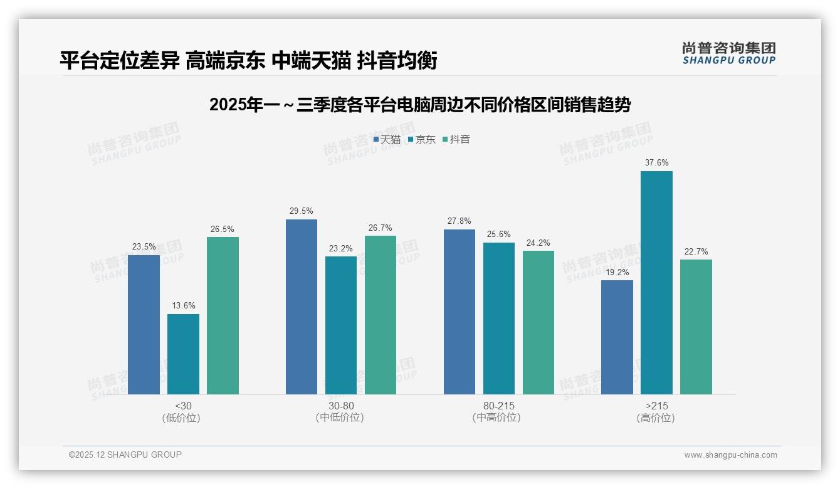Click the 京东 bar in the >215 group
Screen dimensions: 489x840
pos(656,283)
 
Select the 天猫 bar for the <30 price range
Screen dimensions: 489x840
pos(144,325)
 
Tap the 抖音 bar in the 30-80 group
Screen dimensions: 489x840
pos(381,315)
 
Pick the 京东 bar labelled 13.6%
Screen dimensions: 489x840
pos(183,354)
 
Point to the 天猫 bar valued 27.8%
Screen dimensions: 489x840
pos(459,312)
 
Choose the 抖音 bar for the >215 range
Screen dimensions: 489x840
pos(696,327)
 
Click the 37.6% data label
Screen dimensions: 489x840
pos(656,163)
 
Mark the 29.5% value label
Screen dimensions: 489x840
pos(301,211)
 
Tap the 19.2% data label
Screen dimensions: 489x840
pos(616,272)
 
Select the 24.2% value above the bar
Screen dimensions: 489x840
pos(538,243)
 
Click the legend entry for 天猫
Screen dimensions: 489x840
pos(387,140)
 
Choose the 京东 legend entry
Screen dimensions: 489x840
pos(422,140)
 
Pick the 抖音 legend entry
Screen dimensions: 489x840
pos(456,140)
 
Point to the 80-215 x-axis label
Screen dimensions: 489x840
pos(498,406)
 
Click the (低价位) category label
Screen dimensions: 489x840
pos(182,418)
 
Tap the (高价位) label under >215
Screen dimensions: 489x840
pos(656,418)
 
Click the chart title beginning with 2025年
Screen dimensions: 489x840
pos(419,105)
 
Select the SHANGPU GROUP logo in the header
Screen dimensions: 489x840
pos(728,53)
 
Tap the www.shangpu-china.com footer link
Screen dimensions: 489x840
pos(730,455)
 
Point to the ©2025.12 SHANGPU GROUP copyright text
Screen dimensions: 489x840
pos(125,455)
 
